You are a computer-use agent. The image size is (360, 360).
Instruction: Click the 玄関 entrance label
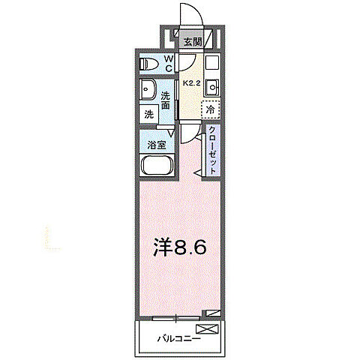pyautogui.click(x=193, y=43)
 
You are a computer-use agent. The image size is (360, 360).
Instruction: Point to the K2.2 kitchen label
pyautogui.click(x=191, y=85)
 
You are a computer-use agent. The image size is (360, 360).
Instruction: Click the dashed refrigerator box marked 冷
pyautogui.click(x=213, y=109)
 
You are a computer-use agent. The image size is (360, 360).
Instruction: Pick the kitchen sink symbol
pyautogui.click(x=211, y=85)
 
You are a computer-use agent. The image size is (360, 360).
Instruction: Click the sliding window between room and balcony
pyautogui.click(x=177, y=316)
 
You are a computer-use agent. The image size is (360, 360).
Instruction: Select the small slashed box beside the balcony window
pyautogui.click(x=215, y=313)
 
